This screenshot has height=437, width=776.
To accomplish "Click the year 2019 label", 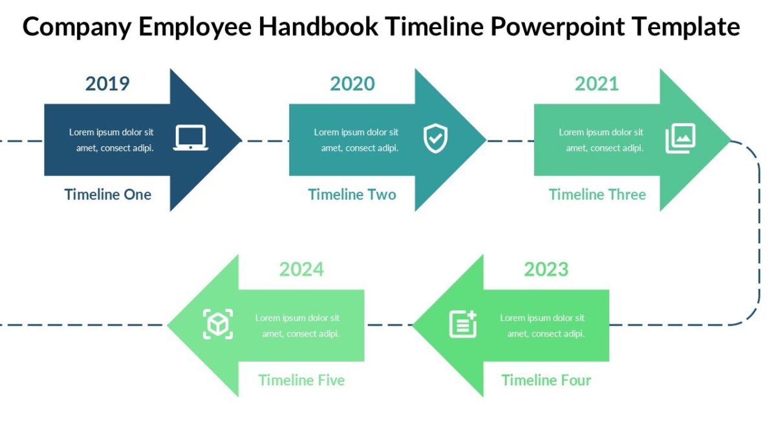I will click(107, 84).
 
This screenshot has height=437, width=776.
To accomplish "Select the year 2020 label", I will click(352, 84).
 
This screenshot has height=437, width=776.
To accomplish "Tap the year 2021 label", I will click(597, 84).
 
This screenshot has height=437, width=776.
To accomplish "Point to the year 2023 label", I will click(546, 269).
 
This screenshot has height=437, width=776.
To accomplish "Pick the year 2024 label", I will click(301, 269).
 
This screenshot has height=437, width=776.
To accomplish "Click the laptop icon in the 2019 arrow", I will click(191, 138).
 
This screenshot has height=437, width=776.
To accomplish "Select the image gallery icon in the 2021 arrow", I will click(680, 139).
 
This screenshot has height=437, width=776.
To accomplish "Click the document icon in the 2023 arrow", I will click(463, 324).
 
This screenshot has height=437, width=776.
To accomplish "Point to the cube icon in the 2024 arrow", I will click(218, 324).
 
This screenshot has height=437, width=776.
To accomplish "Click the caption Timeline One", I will click(108, 195).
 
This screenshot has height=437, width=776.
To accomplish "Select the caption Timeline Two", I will click(352, 195).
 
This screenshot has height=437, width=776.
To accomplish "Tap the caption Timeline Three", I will click(598, 195).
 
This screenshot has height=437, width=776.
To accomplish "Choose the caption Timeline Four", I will click(546, 380).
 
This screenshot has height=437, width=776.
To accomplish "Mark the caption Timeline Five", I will click(301, 380).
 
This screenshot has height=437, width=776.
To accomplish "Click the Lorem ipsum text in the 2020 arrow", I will click(357, 140).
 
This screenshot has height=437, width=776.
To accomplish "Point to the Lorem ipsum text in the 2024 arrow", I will click(298, 326).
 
